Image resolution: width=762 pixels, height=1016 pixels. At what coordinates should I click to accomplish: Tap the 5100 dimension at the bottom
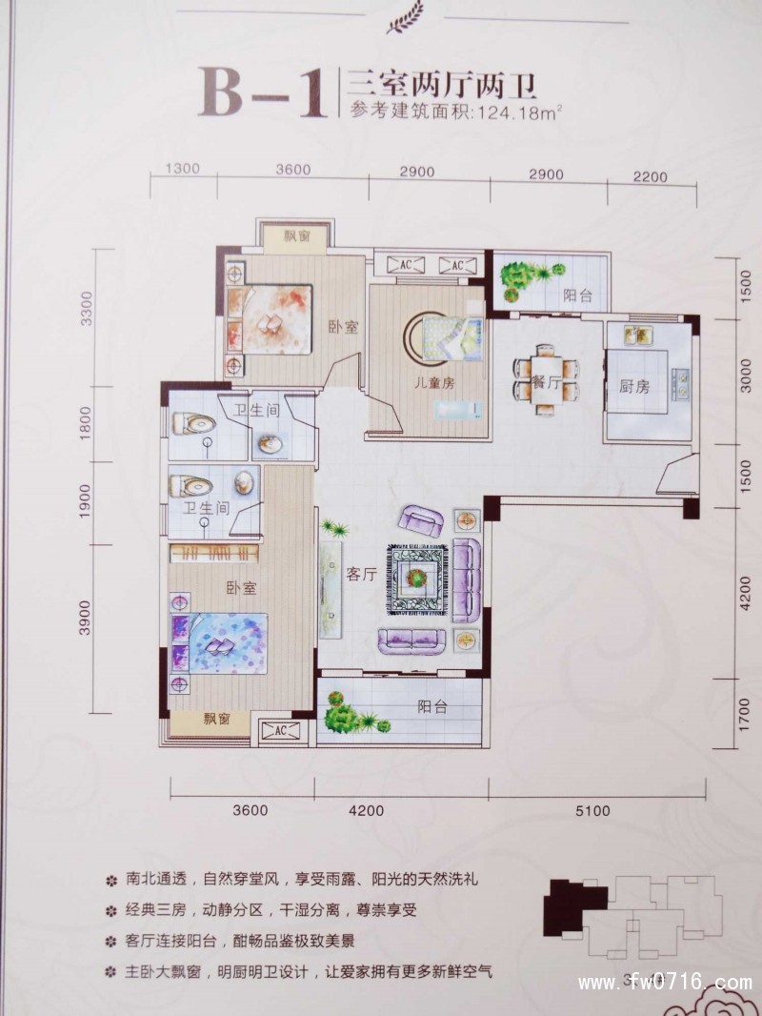(592, 811)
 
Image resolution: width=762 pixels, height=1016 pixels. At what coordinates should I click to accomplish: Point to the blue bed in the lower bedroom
(219, 643)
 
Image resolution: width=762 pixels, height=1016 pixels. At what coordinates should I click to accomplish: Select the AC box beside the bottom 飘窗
(281, 731)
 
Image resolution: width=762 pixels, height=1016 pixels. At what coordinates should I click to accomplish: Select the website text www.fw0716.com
(665, 983)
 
